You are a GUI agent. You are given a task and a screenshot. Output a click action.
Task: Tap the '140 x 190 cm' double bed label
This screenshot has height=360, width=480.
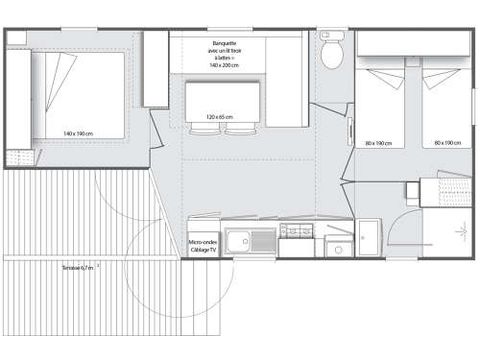point(77,133)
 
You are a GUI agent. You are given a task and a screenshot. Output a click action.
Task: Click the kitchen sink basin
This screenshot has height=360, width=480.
point(238,239)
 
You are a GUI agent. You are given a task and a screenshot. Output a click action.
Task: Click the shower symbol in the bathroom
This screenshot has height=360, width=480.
point(461,231)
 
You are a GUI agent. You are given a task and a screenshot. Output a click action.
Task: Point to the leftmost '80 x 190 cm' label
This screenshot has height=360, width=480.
point(378,143)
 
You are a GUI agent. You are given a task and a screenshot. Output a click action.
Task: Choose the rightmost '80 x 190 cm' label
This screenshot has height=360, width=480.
point(447,143)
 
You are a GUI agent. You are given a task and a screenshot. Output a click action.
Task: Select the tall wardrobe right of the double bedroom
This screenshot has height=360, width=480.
point(155,69)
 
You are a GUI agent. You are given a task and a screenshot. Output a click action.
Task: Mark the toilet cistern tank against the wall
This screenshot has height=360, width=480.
point(332,36)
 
